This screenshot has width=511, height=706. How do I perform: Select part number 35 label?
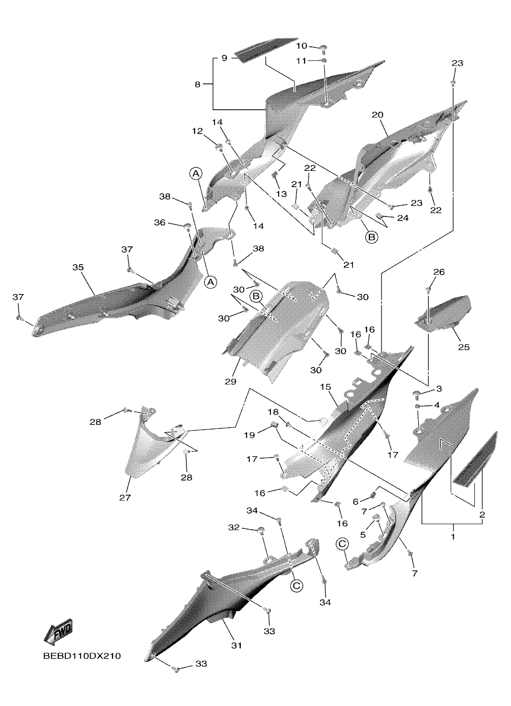pos(78,267)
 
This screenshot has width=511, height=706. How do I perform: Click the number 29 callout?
pos(231,381)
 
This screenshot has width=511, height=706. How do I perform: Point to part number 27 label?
pos(125,498)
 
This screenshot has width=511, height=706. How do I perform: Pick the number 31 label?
pos(236,646)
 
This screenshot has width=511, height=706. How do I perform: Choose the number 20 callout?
pos(378,115)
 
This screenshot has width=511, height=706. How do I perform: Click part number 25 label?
pos(464,347)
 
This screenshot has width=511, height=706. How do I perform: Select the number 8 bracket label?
pos(197,84)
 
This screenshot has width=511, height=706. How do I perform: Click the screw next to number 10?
pos(324,48)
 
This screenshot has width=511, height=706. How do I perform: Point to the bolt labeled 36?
pos(188,226)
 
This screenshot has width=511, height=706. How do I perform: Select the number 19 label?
pos(249,435)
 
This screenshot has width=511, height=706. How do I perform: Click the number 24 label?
pos(403,218)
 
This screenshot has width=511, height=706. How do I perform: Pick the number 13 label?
pos(281,194)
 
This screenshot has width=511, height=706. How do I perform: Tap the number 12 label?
pos(197,131)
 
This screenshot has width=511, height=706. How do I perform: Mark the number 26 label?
pos(439,272)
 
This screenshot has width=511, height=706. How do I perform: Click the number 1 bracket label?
pos(453,536)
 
